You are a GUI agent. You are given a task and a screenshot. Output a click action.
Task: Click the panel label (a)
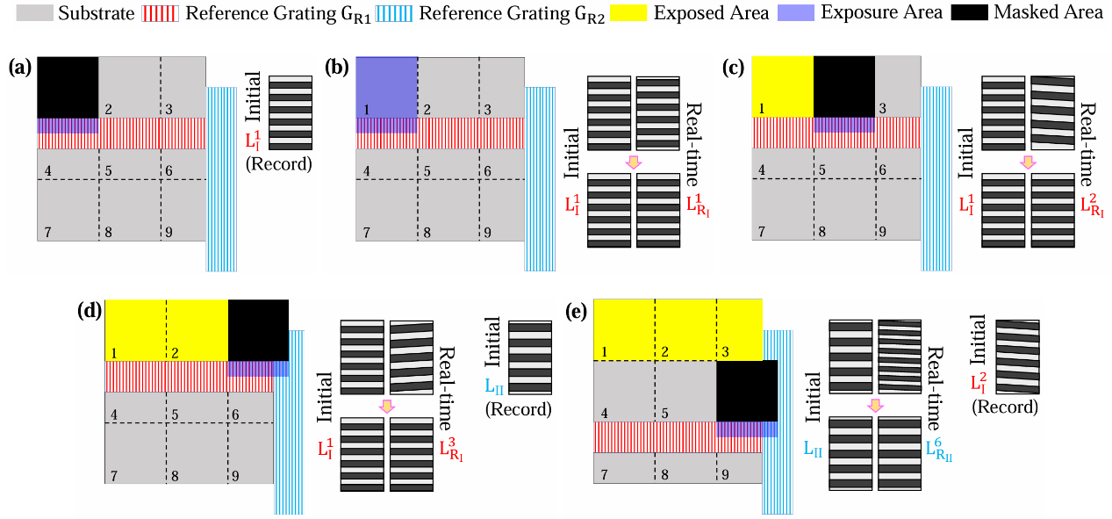point(22,67)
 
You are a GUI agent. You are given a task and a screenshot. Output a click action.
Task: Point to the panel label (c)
point(735,67)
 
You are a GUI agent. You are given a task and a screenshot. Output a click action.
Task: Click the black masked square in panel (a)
point(68,87)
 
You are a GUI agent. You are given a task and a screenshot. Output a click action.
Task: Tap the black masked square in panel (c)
point(844,86)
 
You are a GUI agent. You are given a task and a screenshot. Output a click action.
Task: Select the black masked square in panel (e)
point(747,391)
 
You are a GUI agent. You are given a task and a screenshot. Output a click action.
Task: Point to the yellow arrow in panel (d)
point(386,406)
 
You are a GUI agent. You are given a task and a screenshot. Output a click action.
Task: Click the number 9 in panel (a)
point(167,233)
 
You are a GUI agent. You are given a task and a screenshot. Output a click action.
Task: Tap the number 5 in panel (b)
point(427,171)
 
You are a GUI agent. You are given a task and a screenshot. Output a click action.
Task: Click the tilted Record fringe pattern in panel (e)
point(1017,356)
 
